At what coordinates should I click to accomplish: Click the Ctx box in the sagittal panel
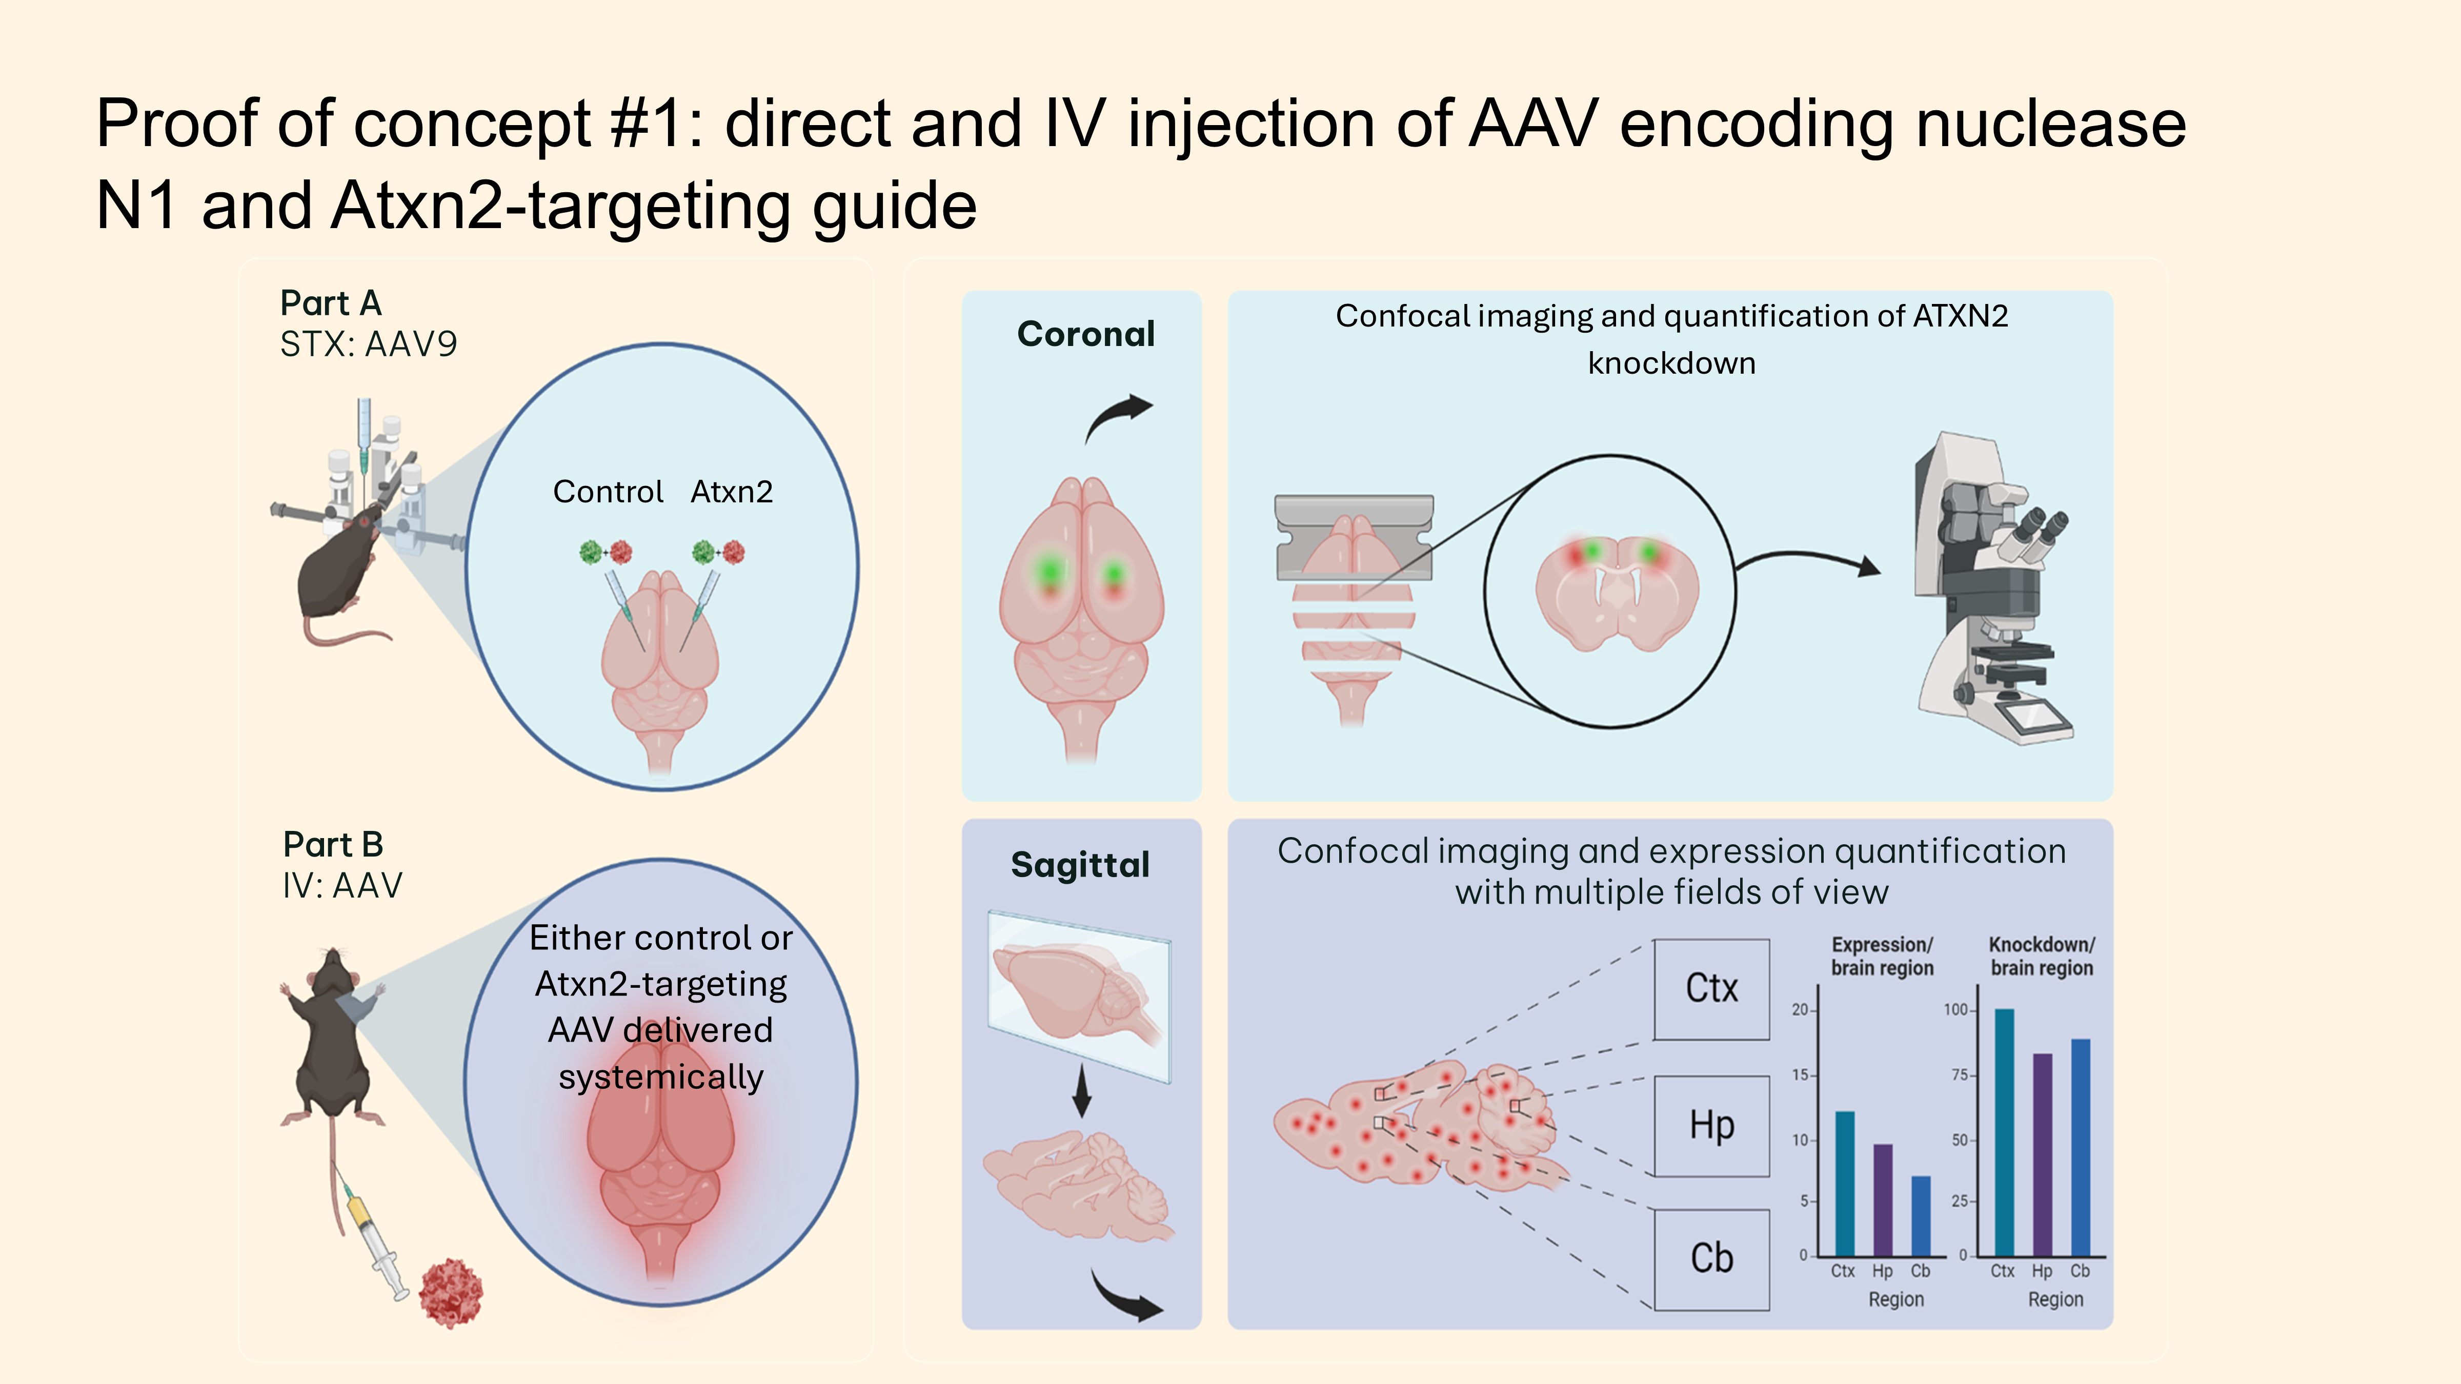[1711, 989]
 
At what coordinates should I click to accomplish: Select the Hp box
[1711, 1125]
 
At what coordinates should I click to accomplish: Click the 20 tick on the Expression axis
[1800, 1010]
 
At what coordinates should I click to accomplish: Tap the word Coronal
[1085, 333]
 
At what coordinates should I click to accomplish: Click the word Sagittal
[1080, 864]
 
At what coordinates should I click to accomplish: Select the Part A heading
[331, 303]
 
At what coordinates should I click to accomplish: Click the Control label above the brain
[608, 492]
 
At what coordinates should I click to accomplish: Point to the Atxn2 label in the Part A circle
[732, 492]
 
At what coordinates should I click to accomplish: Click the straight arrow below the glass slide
[1081, 1091]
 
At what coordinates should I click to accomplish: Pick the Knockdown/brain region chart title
[2042, 956]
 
